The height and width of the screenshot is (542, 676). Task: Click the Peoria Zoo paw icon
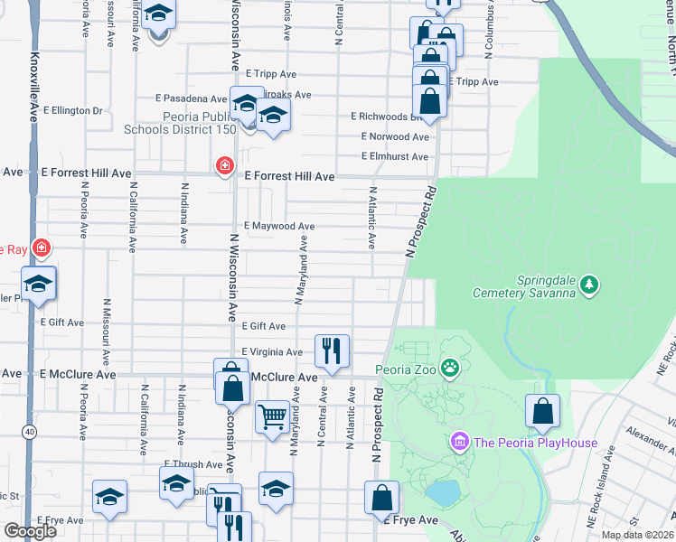tap(450, 369)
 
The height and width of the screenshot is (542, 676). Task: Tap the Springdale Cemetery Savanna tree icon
tap(589, 285)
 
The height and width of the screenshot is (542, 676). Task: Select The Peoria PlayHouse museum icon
tap(459, 442)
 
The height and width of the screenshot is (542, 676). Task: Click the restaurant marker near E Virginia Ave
tap(332, 350)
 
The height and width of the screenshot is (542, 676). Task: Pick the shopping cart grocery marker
tap(272, 417)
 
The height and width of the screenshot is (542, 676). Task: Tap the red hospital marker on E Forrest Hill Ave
tap(223, 165)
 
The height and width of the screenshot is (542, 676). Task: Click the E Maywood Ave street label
tap(279, 226)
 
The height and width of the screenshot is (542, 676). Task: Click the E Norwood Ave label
tap(395, 137)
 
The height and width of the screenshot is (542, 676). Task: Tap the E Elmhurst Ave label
tap(394, 156)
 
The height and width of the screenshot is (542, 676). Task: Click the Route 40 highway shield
tap(31, 433)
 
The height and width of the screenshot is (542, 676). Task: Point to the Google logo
tap(30, 531)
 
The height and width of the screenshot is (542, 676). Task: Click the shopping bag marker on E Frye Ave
tap(381, 497)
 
